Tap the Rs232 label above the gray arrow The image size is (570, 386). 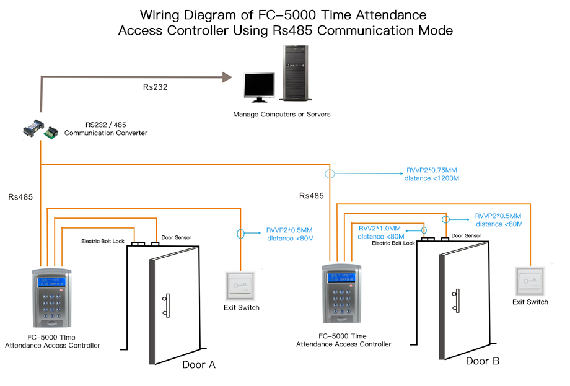(155, 87)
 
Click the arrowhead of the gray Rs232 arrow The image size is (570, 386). (227, 77)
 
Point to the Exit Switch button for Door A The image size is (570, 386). (240, 286)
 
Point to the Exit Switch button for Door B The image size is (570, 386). (530, 280)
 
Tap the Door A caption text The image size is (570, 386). (198, 365)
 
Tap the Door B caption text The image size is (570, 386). (483, 361)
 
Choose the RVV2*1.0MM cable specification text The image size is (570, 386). (380, 228)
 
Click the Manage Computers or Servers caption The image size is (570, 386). (281, 115)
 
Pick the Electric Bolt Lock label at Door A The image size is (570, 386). (103, 241)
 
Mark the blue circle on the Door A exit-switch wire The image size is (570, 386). (240, 234)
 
